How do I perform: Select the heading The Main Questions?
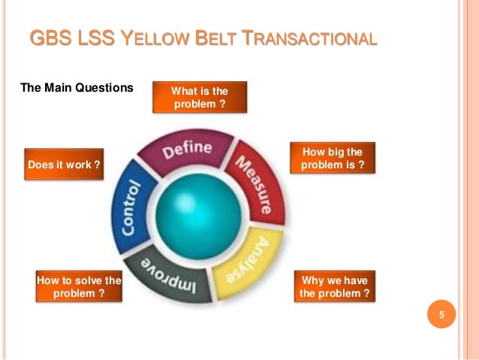(77, 88)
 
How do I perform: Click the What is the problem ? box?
(200, 98)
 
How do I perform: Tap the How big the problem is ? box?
(332, 158)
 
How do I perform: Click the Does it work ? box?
(64, 164)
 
